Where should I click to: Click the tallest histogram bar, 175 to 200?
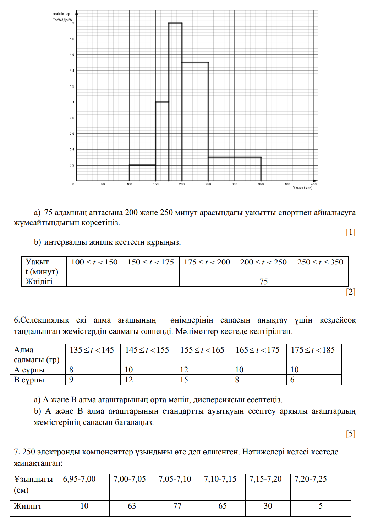pos(175,102)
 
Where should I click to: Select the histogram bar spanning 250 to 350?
pos(235,169)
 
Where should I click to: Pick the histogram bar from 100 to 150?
pos(142,173)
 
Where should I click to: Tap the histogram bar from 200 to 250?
pos(195,122)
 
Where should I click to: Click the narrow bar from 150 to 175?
pos(162,141)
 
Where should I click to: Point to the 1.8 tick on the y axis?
pos(72,39)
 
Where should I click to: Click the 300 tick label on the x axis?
pos(235,184)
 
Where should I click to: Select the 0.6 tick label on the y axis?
pos(72,134)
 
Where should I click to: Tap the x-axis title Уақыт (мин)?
pos(302,188)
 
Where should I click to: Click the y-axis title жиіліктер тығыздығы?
pos(62,17)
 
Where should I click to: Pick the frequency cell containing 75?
pos(263,281)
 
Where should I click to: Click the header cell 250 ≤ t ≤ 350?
pos(320,262)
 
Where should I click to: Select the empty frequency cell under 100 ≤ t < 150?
pos(94,281)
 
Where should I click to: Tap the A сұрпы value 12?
pos(184,370)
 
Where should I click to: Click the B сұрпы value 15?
pos(184,380)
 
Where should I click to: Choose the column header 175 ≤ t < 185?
pos(313,350)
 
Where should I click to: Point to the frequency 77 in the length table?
pos(177,506)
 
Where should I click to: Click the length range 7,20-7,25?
pos(311,479)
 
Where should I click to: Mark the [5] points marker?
pos(351,433)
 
